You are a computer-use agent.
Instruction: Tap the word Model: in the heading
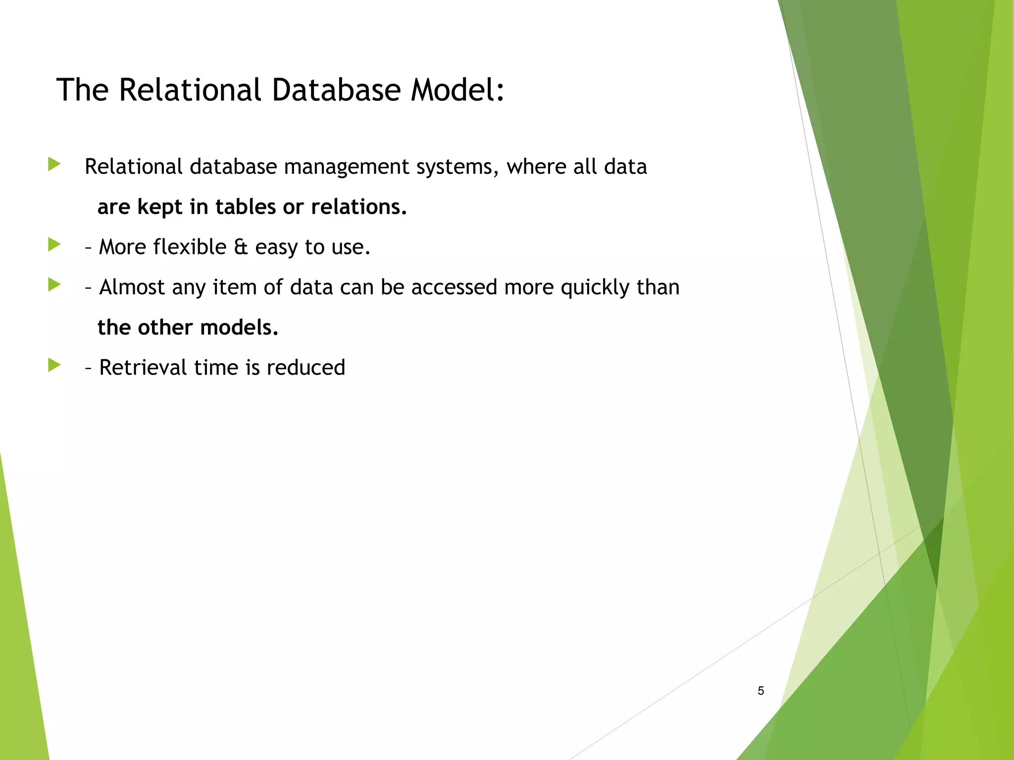(457, 90)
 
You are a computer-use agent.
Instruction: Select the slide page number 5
(760, 691)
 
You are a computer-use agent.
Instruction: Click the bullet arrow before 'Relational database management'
(54, 164)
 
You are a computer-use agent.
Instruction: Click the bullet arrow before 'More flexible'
(54, 244)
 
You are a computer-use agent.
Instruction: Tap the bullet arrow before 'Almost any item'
(54, 285)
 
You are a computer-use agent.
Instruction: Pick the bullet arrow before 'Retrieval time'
(54, 366)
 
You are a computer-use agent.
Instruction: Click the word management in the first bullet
(346, 167)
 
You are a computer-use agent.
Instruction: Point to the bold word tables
(245, 207)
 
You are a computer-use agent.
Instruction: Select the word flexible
(189, 247)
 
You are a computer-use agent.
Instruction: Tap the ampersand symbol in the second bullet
(240, 247)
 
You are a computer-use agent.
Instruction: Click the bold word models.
(239, 328)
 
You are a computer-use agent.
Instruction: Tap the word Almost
(132, 287)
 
